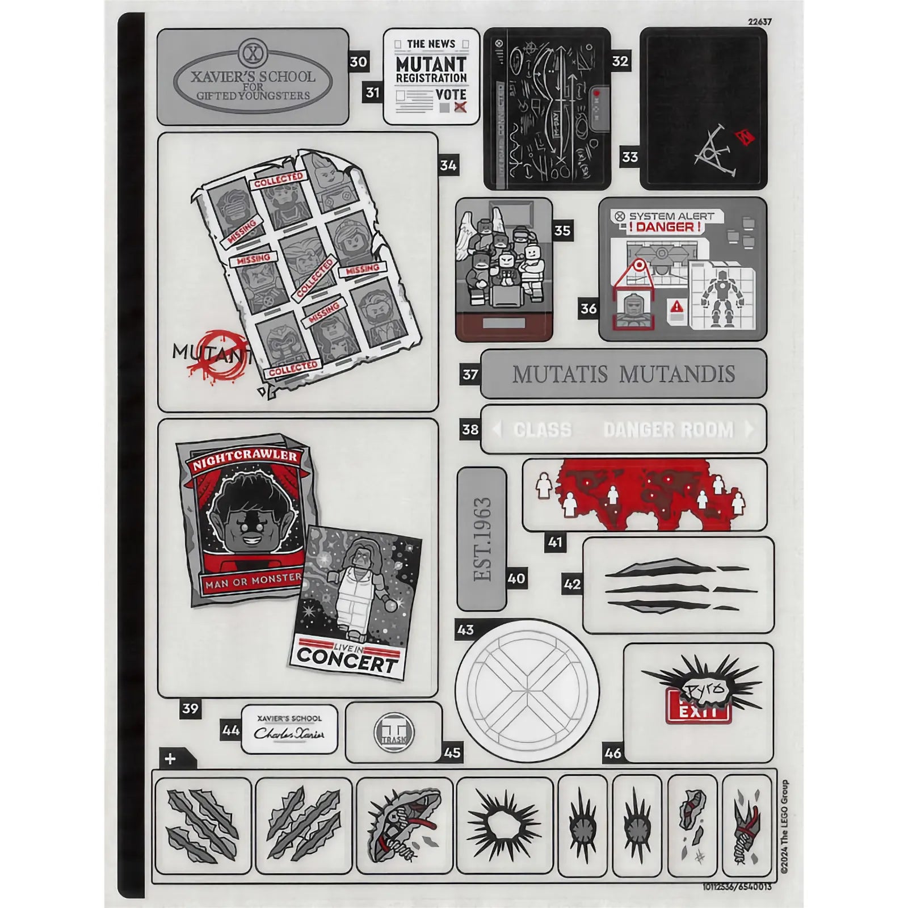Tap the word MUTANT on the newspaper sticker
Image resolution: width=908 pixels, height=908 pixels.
[x=431, y=64]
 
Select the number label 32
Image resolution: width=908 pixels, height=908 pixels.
[x=620, y=61]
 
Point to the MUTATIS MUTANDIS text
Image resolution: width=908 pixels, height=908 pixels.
[x=623, y=375]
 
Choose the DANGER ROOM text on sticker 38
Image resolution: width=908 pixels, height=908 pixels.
[x=669, y=430]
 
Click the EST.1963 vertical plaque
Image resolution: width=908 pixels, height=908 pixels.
[x=482, y=539]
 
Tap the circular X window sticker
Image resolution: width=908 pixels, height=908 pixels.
[x=527, y=689]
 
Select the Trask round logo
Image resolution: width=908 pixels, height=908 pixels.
[x=394, y=733]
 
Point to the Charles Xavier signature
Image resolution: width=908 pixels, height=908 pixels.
[x=289, y=733]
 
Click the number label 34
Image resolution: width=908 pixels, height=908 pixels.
[x=448, y=165]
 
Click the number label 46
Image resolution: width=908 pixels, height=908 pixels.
[x=613, y=753]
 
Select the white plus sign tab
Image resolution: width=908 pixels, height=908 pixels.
[x=170, y=759]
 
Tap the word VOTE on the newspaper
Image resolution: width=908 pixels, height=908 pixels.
[x=451, y=94]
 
